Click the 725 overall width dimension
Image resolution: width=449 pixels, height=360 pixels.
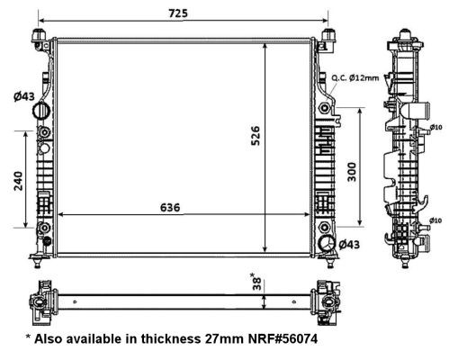[178, 13]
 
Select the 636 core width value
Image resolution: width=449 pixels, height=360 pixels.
[170, 207]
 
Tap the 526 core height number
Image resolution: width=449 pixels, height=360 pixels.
[256, 136]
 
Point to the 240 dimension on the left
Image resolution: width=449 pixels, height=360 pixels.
[18, 181]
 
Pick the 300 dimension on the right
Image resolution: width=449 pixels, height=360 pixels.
[352, 172]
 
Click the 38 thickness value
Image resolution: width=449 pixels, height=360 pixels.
[257, 284]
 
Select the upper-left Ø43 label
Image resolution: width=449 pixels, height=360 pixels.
[24, 96]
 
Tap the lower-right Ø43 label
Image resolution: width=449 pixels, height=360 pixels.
[349, 245]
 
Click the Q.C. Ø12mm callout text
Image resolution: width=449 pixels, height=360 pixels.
[355, 78]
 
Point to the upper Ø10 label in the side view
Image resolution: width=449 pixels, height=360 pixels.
[436, 127]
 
